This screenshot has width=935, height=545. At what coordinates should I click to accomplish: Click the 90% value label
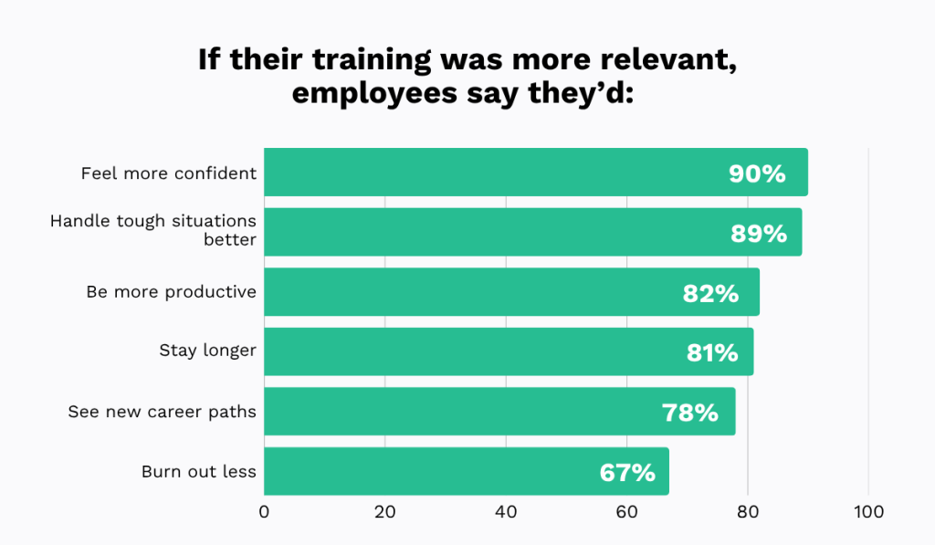[757, 173]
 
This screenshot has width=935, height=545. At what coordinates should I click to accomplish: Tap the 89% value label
[758, 234]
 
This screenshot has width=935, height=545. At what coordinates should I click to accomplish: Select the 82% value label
[710, 293]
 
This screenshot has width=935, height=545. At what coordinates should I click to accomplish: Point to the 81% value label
[712, 353]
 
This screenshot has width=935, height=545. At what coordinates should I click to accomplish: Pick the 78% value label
[690, 413]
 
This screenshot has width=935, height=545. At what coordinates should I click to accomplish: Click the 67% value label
[627, 473]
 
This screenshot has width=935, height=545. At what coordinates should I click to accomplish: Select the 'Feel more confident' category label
[169, 173]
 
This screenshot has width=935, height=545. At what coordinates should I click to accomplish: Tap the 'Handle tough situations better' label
[153, 231]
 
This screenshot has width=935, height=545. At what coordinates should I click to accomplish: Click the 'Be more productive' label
[172, 292]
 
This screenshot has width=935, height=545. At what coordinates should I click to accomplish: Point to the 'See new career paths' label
[162, 412]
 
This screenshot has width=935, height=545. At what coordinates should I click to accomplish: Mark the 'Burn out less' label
[199, 472]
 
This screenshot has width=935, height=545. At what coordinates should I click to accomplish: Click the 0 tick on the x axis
[265, 513]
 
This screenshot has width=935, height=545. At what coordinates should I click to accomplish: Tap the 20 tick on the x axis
[385, 513]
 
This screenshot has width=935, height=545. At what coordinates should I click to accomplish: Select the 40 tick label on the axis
[506, 513]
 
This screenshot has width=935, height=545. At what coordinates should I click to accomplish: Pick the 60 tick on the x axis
[626, 513]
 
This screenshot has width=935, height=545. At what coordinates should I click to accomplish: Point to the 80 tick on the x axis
[748, 513]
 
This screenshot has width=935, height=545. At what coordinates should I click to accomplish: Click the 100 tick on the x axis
[868, 513]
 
